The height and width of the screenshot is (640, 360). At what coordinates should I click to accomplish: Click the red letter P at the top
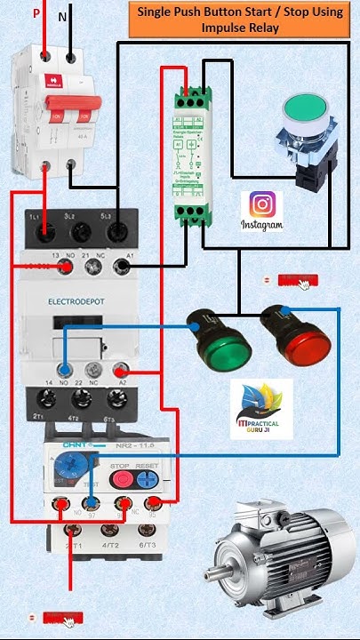(x=36, y=13)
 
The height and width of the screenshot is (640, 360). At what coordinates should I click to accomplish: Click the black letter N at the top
(x=62, y=16)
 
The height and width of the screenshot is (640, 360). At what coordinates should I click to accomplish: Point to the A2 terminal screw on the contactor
(x=121, y=369)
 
